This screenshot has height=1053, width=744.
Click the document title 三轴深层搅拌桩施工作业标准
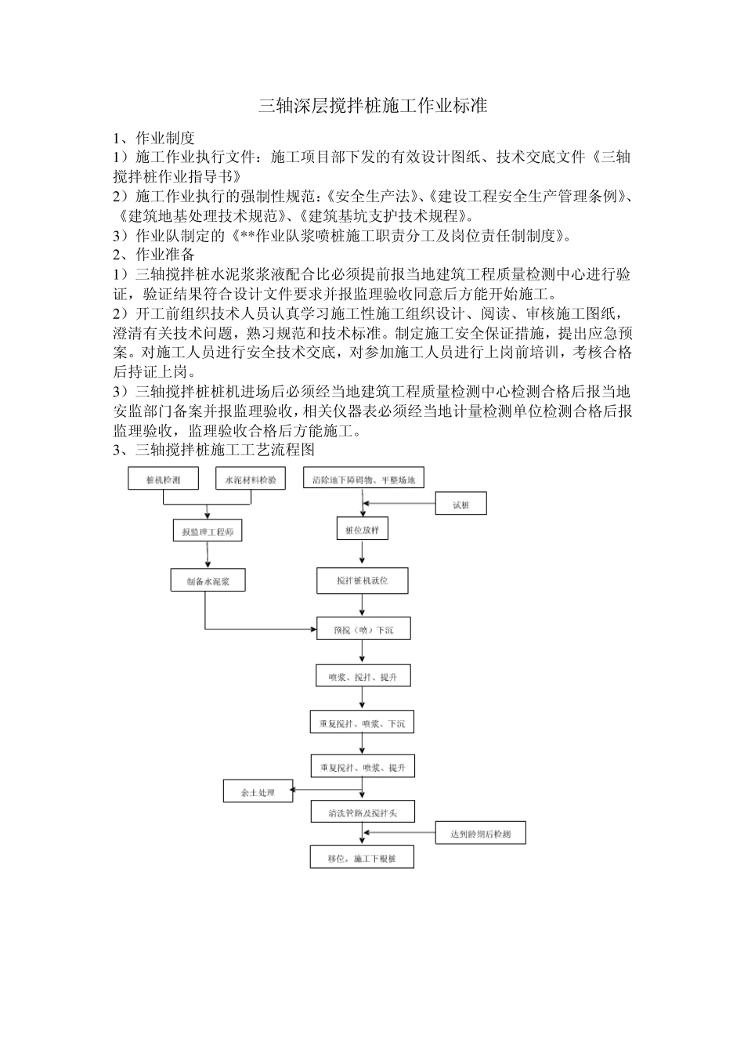point(373,107)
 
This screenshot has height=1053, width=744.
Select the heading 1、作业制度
point(153,138)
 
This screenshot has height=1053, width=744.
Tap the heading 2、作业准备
point(153,255)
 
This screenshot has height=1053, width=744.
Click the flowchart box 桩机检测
point(164,479)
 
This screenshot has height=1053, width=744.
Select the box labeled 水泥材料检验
point(251,479)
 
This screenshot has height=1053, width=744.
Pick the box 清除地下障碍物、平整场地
point(363,479)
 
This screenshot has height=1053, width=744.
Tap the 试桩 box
point(460,504)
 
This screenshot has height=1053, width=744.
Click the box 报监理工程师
point(208,531)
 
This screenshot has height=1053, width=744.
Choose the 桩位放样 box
point(362,530)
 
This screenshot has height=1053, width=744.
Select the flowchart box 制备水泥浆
point(208,581)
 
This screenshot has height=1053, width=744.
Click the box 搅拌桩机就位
point(362,581)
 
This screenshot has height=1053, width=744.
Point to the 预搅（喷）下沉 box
point(363,628)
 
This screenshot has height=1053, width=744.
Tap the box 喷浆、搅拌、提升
point(363,676)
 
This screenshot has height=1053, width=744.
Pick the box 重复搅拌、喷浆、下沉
point(362,723)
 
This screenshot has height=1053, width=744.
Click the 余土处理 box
point(258,792)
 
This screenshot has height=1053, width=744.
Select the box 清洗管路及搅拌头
point(362,812)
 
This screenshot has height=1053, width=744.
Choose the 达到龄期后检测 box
point(480,834)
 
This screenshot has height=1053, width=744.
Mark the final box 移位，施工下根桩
point(362,858)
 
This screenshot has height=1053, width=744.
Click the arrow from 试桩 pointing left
point(399,504)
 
